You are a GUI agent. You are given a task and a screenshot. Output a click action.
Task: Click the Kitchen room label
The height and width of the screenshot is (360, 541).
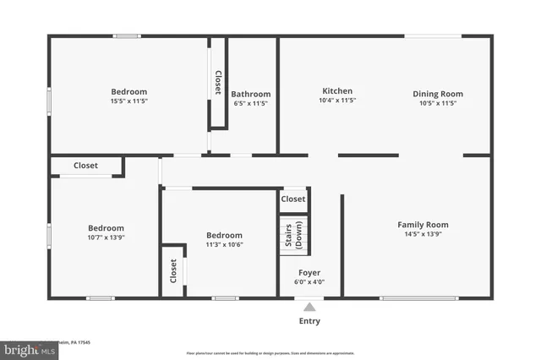337,91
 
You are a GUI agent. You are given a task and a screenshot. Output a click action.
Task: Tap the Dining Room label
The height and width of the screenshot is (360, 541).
438,94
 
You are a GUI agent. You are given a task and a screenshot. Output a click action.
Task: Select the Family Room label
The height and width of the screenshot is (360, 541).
423,225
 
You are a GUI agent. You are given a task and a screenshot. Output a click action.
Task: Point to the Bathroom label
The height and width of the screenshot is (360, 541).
251,95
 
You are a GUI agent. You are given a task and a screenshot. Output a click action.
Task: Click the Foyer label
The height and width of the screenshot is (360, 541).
309,273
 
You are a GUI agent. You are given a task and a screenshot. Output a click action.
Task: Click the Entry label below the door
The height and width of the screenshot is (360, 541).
309,321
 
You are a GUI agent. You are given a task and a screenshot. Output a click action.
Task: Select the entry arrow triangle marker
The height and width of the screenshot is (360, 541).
309,308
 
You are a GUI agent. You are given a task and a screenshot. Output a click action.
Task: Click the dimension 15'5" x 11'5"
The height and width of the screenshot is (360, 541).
128,101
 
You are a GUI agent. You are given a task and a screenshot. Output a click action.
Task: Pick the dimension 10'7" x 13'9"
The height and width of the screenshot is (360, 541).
107,238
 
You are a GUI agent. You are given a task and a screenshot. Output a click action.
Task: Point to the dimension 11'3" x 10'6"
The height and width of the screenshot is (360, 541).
224,245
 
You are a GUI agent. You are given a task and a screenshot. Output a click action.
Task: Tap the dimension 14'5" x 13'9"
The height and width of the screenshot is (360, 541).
423,234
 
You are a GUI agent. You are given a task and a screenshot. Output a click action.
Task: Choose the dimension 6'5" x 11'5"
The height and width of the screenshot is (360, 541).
251,104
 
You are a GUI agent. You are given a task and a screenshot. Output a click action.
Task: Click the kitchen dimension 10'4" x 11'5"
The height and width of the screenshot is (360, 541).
337,101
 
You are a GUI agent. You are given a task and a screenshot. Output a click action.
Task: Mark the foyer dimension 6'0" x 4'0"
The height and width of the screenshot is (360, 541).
309,282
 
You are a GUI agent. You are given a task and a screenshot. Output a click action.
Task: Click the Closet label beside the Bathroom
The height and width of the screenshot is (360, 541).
218,83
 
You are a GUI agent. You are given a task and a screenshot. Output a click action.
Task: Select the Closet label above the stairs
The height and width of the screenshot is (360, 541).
293,199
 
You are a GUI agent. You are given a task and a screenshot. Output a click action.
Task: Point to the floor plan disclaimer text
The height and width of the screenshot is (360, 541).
270,353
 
